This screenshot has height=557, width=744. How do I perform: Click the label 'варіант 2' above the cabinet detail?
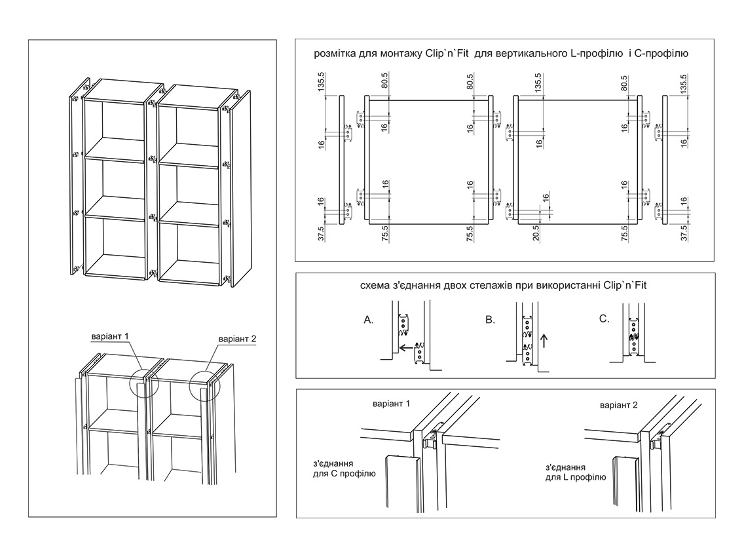pyautogui.click(x=237, y=339)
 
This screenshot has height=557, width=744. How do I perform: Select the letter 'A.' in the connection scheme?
pyautogui.click(x=369, y=320)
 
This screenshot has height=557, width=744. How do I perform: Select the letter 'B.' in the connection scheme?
pyautogui.click(x=491, y=320)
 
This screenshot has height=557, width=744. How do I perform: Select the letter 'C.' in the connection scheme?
pyautogui.click(x=604, y=319)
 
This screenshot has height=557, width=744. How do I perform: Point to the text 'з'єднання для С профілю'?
pyautogui.click(x=344, y=468)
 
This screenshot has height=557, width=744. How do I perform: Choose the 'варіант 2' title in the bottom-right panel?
pyautogui.click(x=618, y=406)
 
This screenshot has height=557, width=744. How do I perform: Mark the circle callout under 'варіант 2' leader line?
pyautogui.click(x=205, y=388)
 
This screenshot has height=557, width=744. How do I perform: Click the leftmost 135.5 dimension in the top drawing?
pyautogui.click(x=322, y=85)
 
